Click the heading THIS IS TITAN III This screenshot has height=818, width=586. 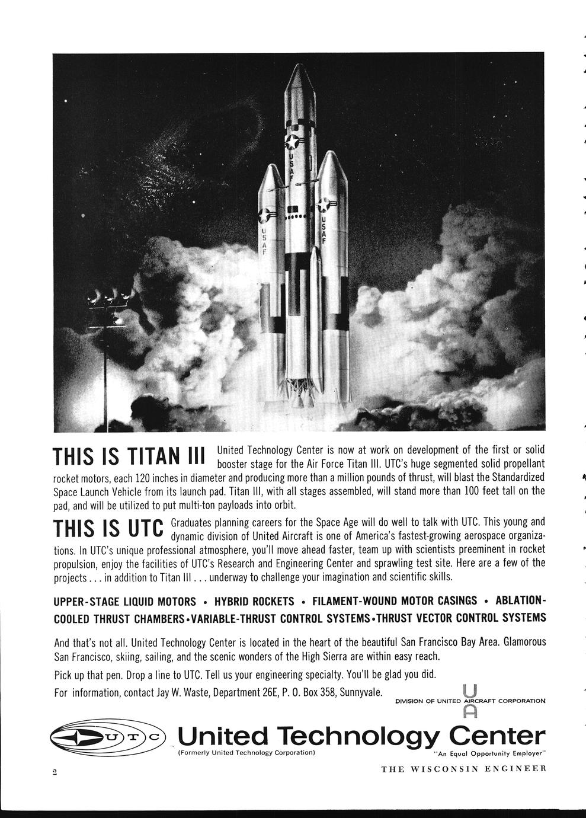(x=129, y=457)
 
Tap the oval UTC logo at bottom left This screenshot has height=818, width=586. (x=107, y=737)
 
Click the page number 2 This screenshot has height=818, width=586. (x=54, y=771)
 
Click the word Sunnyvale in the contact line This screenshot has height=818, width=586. (x=361, y=692)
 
